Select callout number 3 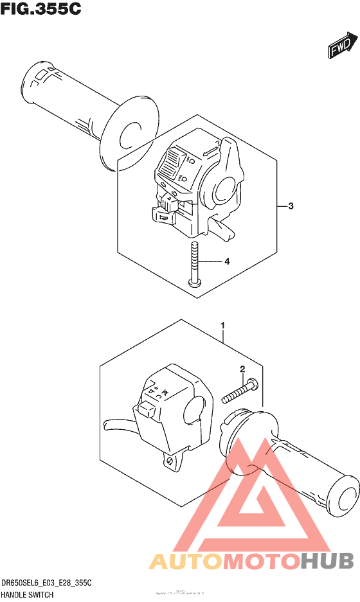coord(291,206)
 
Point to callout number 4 coord(226,261)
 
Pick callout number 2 coord(242,369)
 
